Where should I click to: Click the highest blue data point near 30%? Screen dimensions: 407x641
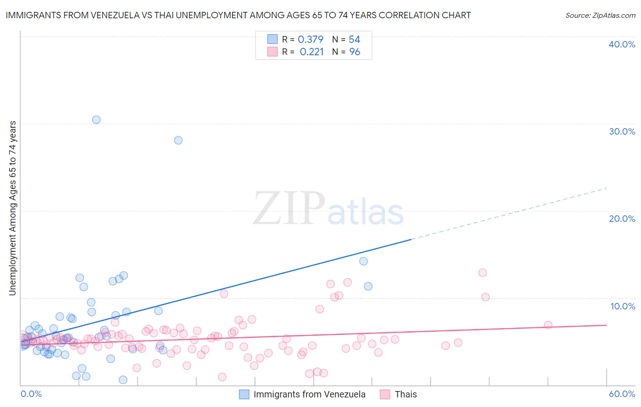(96, 120)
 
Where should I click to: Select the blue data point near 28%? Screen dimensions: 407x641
(178, 140)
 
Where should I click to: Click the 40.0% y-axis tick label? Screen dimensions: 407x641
(622, 44)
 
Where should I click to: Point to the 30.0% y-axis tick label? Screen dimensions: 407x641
(622, 131)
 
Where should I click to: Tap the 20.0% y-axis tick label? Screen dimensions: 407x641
(622, 219)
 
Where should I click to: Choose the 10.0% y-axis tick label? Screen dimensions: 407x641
(623, 306)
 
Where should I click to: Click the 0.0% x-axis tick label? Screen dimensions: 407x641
(31, 394)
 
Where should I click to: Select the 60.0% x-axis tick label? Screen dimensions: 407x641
(622, 394)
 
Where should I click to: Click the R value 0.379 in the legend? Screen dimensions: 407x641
(310, 40)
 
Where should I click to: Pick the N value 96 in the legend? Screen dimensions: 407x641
(355, 52)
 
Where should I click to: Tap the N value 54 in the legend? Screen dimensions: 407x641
(354, 40)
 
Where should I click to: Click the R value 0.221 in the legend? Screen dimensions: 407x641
(312, 52)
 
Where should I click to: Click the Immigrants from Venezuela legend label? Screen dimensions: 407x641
(309, 394)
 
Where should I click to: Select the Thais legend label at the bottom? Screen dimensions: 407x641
(406, 394)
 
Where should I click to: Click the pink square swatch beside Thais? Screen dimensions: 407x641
(385, 394)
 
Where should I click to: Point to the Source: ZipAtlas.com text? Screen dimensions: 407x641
(600, 16)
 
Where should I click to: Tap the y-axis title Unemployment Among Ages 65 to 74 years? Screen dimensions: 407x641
(13, 208)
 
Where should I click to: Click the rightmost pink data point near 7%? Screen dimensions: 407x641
(548, 325)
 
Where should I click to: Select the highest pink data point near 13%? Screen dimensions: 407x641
(482, 272)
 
